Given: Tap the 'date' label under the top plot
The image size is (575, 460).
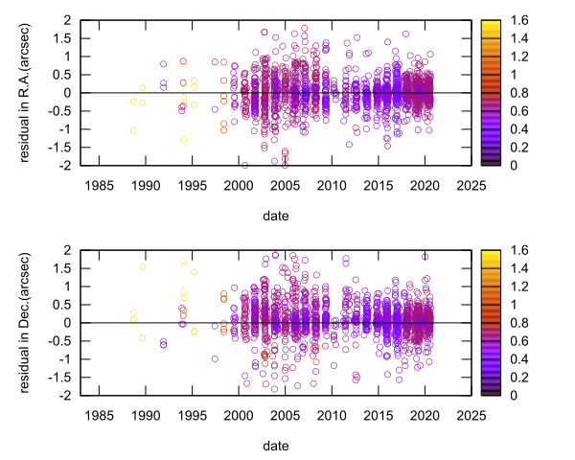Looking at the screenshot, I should pyautogui.click(x=283, y=216).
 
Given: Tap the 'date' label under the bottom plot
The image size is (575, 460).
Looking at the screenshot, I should pyautogui.click(x=283, y=446).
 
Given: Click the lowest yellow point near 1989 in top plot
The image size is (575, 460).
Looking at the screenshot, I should pyautogui.click(x=133, y=130).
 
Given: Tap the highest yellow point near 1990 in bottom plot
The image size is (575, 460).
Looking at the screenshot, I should pyautogui.click(x=143, y=266).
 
